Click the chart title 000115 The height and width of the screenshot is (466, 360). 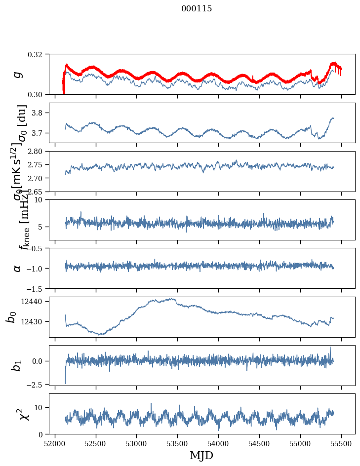(x=197, y=9)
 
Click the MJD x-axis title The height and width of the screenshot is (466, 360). (x=201, y=455)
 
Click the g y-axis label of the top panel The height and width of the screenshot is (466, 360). (x=18, y=74)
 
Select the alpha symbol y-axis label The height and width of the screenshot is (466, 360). (x=18, y=268)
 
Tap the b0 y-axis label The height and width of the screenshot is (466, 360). (x=11, y=317)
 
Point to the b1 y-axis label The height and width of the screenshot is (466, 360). (x=17, y=365)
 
